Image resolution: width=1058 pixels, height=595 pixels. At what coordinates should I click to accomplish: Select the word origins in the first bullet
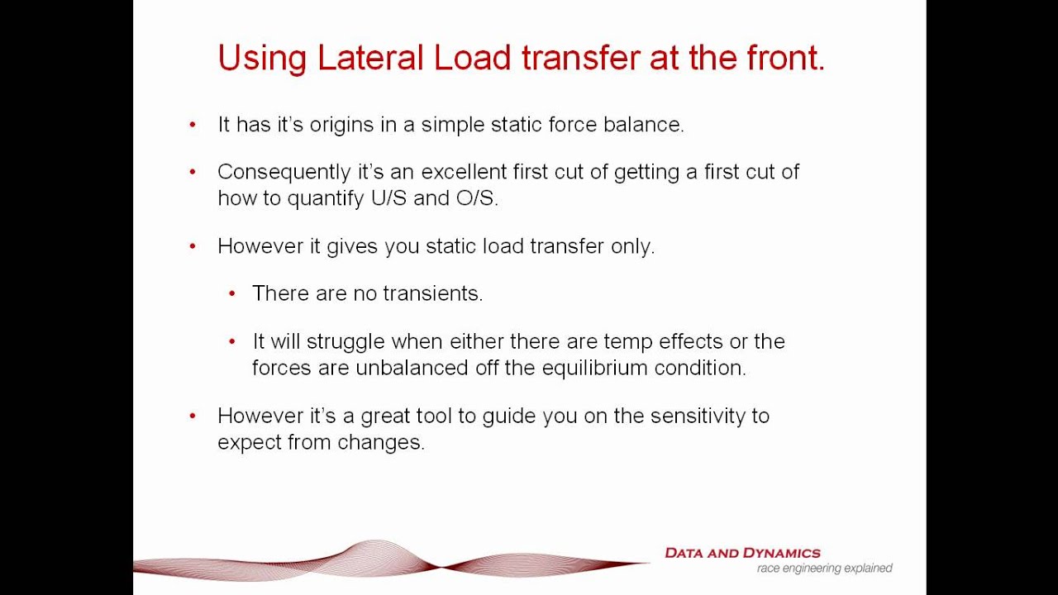tap(341, 125)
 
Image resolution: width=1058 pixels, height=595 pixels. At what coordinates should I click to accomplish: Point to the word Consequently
tap(273, 173)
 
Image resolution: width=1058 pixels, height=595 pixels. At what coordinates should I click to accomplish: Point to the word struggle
tap(345, 341)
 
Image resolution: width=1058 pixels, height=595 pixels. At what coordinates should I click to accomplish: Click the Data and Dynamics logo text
tap(742, 553)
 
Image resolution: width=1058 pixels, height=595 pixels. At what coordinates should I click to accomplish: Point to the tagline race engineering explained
tap(824, 569)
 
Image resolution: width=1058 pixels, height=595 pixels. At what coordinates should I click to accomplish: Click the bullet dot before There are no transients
tap(232, 293)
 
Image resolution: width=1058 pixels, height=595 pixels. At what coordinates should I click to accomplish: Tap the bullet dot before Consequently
tap(193, 172)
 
